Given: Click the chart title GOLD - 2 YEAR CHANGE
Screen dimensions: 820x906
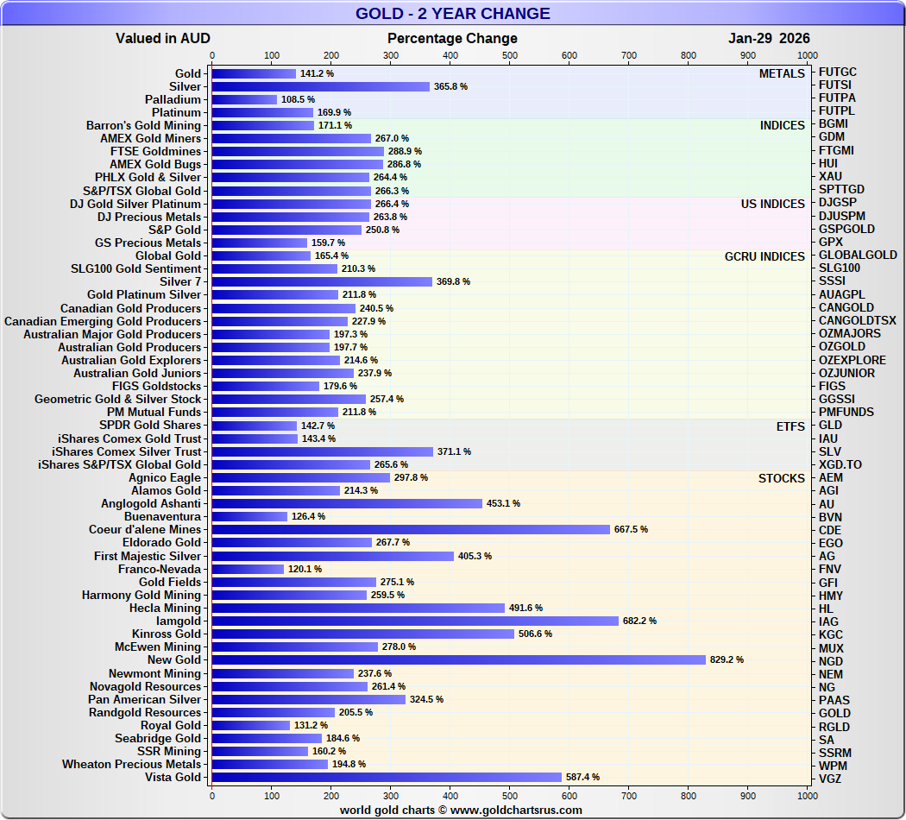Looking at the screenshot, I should pyautogui.click(x=453, y=14).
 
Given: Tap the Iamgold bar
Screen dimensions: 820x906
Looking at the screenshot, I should pyautogui.click(x=415, y=621).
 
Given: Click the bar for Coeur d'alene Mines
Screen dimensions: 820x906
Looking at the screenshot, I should pyautogui.click(x=411, y=530).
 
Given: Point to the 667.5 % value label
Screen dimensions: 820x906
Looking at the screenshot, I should pyautogui.click(x=631, y=530).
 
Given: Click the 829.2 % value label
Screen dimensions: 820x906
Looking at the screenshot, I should pyautogui.click(x=727, y=660).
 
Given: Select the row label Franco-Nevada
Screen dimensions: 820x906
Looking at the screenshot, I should pyautogui.click(x=160, y=569).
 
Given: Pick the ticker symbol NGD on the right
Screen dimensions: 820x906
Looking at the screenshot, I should pyautogui.click(x=831, y=661).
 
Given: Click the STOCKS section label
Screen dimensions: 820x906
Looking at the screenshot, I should pyautogui.click(x=781, y=478).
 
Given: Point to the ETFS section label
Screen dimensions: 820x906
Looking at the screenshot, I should pyautogui.click(x=790, y=426).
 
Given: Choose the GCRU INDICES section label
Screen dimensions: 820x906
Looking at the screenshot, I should pyautogui.click(x=764, y=256).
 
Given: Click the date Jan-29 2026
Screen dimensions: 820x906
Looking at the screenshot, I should pyautogui.click(x=769, y=38).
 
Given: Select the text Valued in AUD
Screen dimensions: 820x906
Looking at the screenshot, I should pyautogui.click(x=163, y=38).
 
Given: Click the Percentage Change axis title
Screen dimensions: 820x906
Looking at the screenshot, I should pyautogui.click(x=452, y=38).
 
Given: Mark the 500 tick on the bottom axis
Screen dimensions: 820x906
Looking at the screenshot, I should pyautogui.click(x=509, y=795).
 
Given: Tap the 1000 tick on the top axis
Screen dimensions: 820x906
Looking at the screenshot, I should pyautogui.click(x=807, y=55).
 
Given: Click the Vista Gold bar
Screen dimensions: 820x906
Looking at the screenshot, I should pyautogui.click(x=387, y=777).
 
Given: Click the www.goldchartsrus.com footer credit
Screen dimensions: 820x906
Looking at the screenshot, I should pyautogui.click(x=461, y=811).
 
